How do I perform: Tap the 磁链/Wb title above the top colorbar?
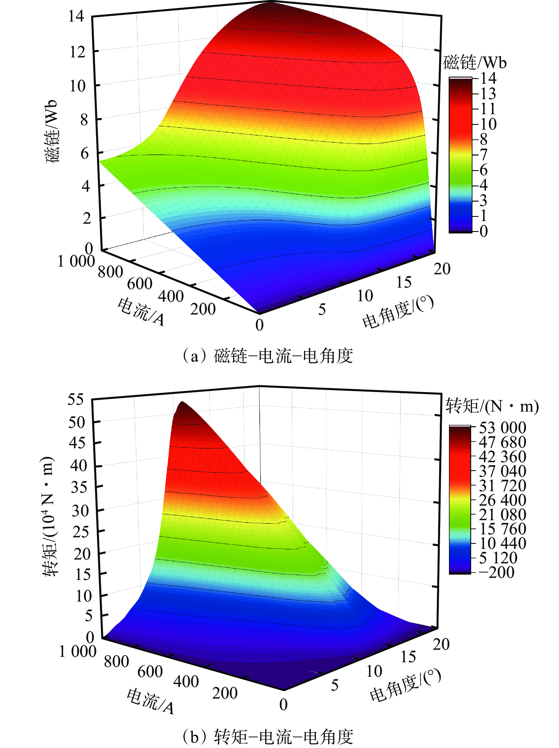pyautogui.click(x=474, y=63)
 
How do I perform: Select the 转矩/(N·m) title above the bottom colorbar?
pyautogui.click(x=492, y=406)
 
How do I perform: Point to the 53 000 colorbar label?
pyautogui.click(x=503, y=428)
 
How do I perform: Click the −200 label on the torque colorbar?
pyautogui.click(x=501, y=572)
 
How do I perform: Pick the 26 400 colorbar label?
pyautogui.click(x=503, y=500)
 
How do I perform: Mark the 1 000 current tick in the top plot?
pyautogui.click(x=76, y=261)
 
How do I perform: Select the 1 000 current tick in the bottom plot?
pyautogui.click(x=78, y=651)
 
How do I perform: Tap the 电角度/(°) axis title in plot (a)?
pyautogui.click(x=398, y=312)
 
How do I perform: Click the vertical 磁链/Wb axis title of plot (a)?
pyautogui.click(x=52, y=132)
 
